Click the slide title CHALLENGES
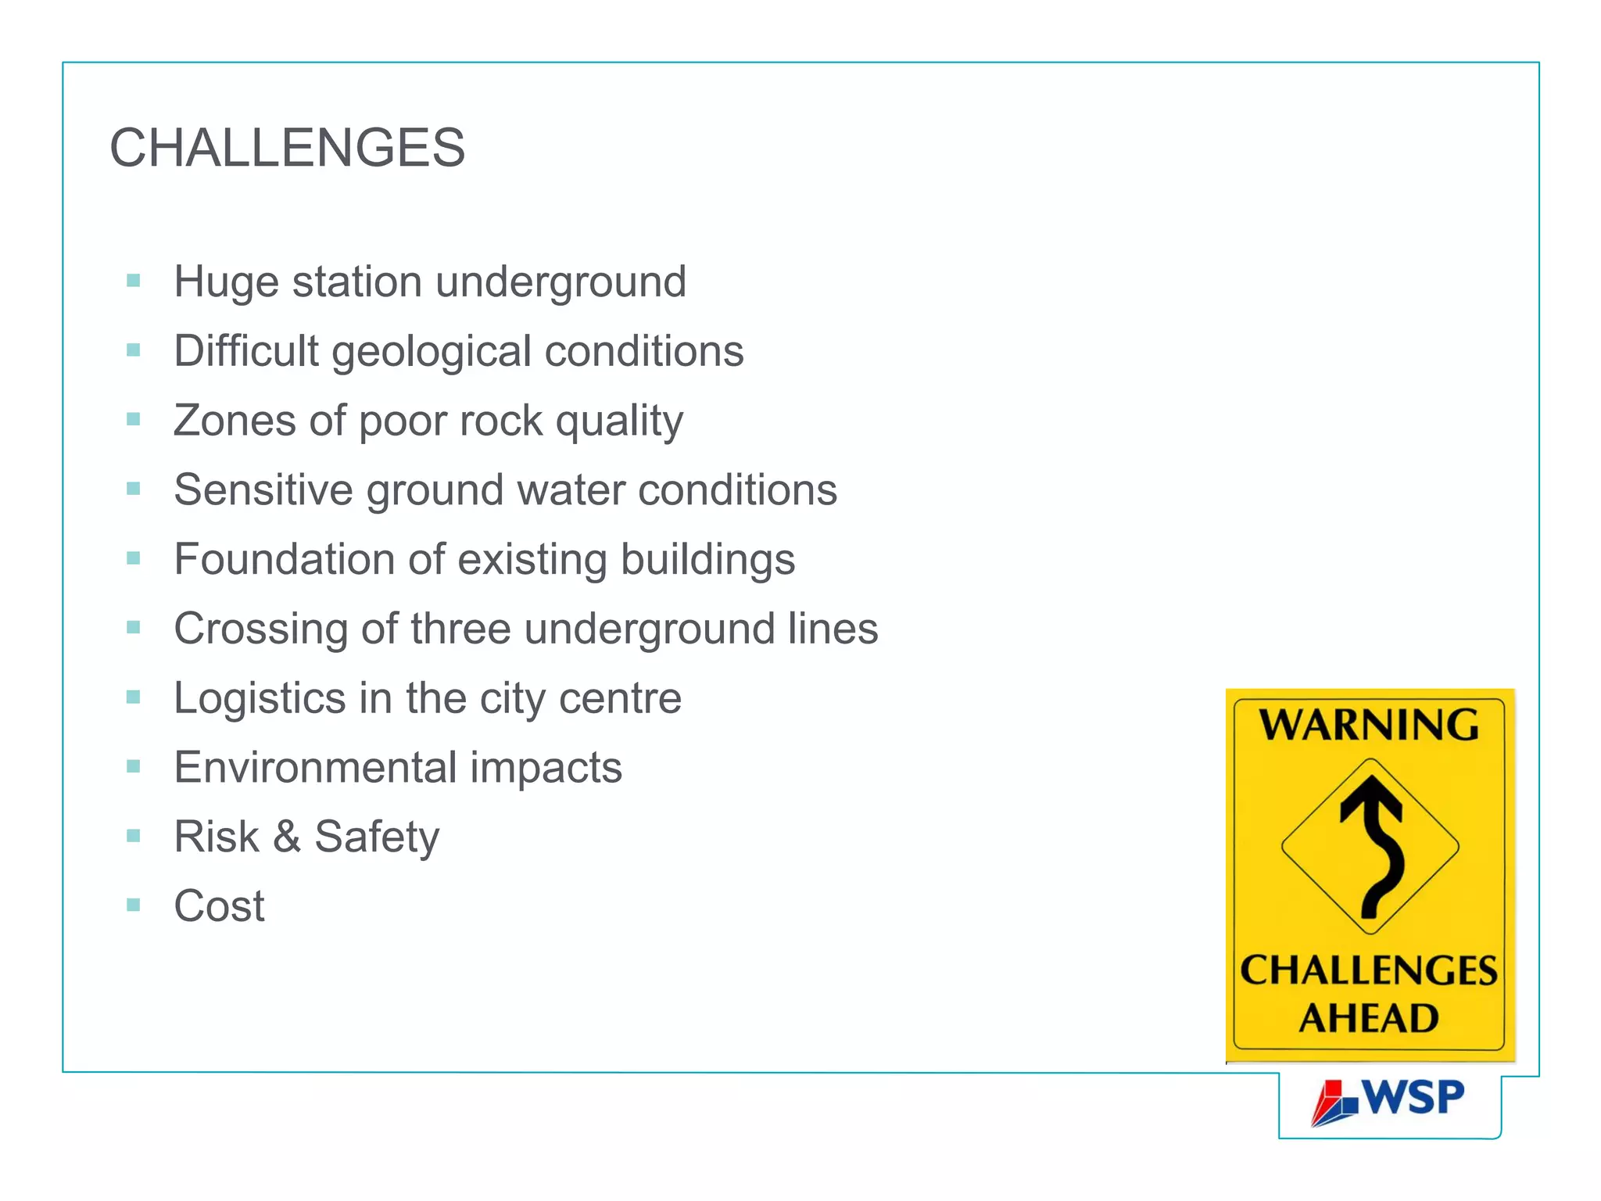point(287,148)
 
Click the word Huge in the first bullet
point(226,281)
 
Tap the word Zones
point(235,421)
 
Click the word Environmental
point(315,767)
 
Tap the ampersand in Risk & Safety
point(287,837)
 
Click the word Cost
point(219,906)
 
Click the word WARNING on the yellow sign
point(1369,725)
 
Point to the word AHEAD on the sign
point(1369,1018)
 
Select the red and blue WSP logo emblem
point(1334,1103)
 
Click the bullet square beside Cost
point(134,905)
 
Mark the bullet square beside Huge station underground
point(134,281)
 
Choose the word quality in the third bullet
point(619,421)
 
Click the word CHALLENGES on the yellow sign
point(1369,970)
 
